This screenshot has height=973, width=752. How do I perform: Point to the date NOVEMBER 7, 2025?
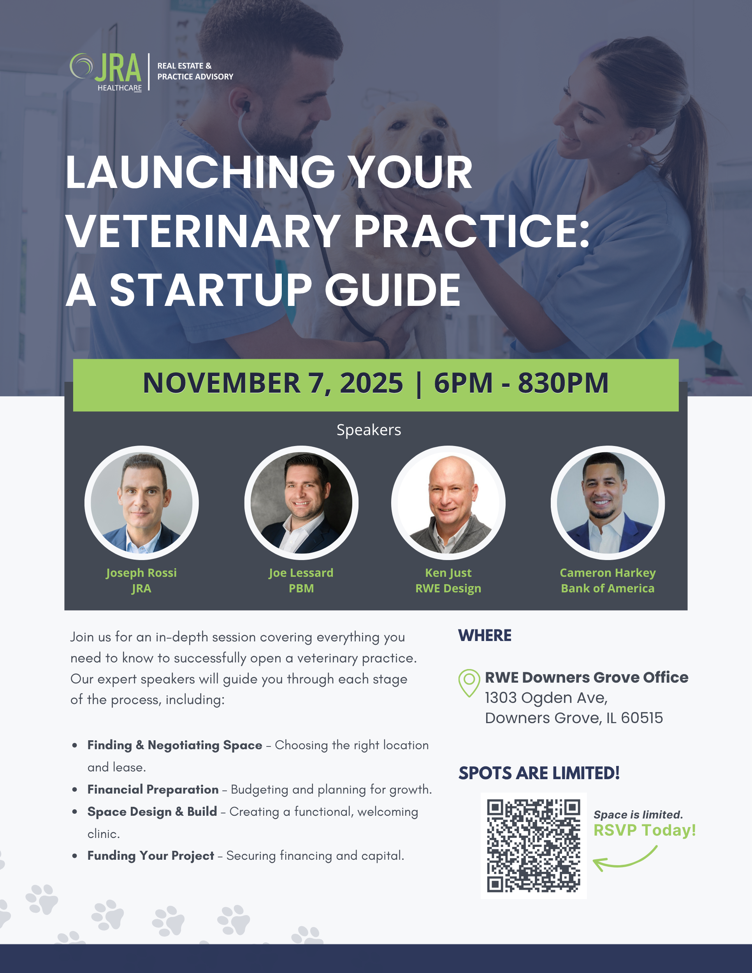coord(272,383)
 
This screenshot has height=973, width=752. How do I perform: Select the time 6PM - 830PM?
coord(521,383)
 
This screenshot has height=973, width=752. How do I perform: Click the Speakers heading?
coord(369,430)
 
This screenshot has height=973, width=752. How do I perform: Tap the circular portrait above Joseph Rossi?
coord(142,502)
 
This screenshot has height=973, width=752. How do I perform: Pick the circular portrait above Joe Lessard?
coord(301,502)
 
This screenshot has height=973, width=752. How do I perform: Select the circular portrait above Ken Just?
coord(448,502)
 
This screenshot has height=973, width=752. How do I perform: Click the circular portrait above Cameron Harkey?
coord(608,502)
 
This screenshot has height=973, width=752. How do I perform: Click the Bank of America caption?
coord(608,588)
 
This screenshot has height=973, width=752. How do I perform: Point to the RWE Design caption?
coord(448,588)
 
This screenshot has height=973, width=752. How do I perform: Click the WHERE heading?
coord(485,635)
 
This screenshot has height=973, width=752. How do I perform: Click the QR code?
coord(534,846)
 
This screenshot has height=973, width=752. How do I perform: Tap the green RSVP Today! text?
coord(645,830)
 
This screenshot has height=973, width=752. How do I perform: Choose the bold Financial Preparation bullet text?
coord(153,789)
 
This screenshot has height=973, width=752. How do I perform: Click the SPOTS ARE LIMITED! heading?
coord(539,773)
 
